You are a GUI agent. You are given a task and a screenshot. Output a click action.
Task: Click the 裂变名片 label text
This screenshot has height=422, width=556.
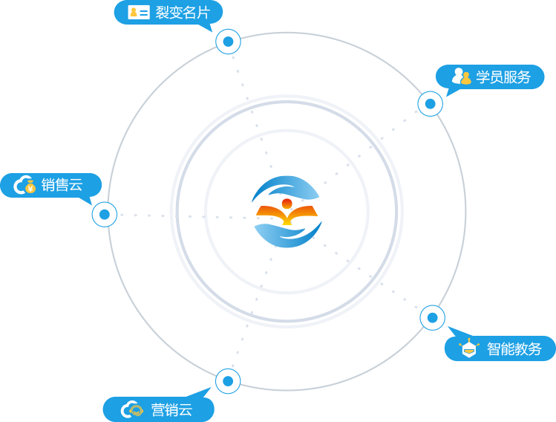183,13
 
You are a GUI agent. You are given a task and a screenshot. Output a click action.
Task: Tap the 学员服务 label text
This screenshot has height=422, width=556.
503,77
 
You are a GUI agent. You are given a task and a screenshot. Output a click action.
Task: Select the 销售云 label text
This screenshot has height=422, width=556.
62,185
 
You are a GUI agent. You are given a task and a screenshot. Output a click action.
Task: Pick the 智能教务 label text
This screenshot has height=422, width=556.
514,348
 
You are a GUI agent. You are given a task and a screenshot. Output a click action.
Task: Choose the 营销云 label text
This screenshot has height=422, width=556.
171,409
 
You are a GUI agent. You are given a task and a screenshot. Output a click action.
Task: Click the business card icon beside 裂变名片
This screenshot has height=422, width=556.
138,12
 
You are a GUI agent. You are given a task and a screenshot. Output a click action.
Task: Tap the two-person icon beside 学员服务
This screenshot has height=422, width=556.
461,76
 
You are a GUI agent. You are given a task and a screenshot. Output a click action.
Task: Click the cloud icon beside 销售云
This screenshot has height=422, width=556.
24,185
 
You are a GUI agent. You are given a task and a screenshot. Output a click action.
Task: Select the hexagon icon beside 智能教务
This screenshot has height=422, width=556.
468,348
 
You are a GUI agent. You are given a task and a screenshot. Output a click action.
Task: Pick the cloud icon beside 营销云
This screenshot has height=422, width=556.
132,409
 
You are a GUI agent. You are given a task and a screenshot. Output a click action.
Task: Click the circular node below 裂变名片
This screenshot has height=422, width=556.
228,41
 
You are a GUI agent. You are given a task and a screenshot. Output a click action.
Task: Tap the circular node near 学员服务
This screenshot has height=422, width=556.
431,103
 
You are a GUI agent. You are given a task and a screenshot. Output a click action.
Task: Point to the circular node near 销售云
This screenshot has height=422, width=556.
105,215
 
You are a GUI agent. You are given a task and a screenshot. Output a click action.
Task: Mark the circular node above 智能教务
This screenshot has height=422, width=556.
433,318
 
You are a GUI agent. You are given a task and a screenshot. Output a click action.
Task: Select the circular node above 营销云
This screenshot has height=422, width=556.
228,381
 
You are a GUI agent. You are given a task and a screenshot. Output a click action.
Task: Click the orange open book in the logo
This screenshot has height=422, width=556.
287,215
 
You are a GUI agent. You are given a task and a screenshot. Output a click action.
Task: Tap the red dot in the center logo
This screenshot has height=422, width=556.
287,203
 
